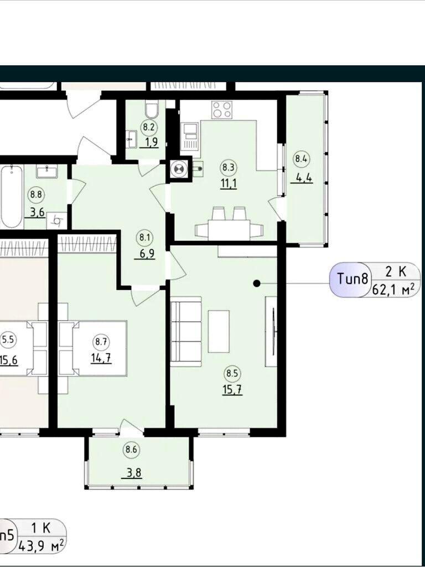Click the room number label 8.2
click(148, 127)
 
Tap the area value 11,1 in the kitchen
click(229, 184)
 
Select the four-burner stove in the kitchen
click(222, 109)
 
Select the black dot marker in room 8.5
click(257, 283)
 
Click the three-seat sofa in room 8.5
click(186, 332)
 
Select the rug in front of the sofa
click(219, 331)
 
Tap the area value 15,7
click(232, 390)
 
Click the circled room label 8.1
click(144, 238)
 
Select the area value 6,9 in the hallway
click(147, 254)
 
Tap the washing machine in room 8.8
click(57, 220)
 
